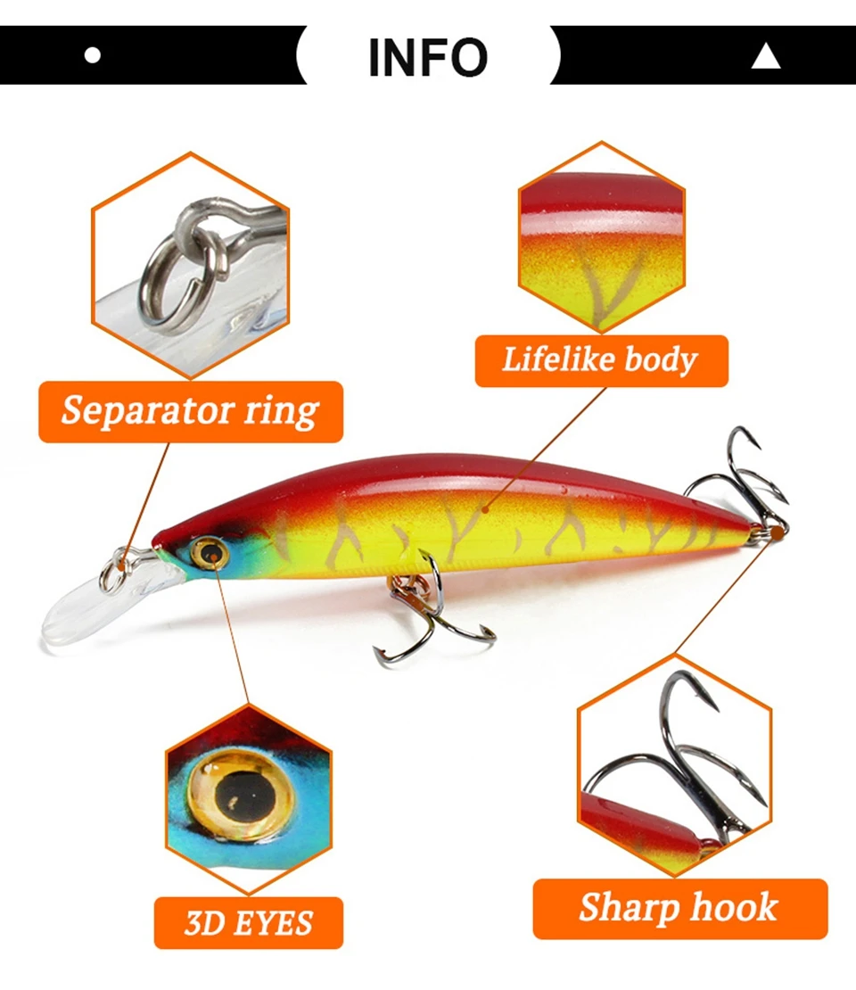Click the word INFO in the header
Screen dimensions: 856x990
428,57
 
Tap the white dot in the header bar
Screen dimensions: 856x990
93,55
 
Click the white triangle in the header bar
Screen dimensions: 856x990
766,55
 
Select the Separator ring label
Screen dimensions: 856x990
191,412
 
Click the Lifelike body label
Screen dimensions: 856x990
602,360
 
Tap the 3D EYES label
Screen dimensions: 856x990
249,922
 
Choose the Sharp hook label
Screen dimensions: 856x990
679,909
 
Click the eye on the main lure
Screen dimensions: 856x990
209,554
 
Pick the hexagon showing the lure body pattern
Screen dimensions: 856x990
602,237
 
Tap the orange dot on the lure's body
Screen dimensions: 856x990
485,509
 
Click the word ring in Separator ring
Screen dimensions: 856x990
282,413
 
